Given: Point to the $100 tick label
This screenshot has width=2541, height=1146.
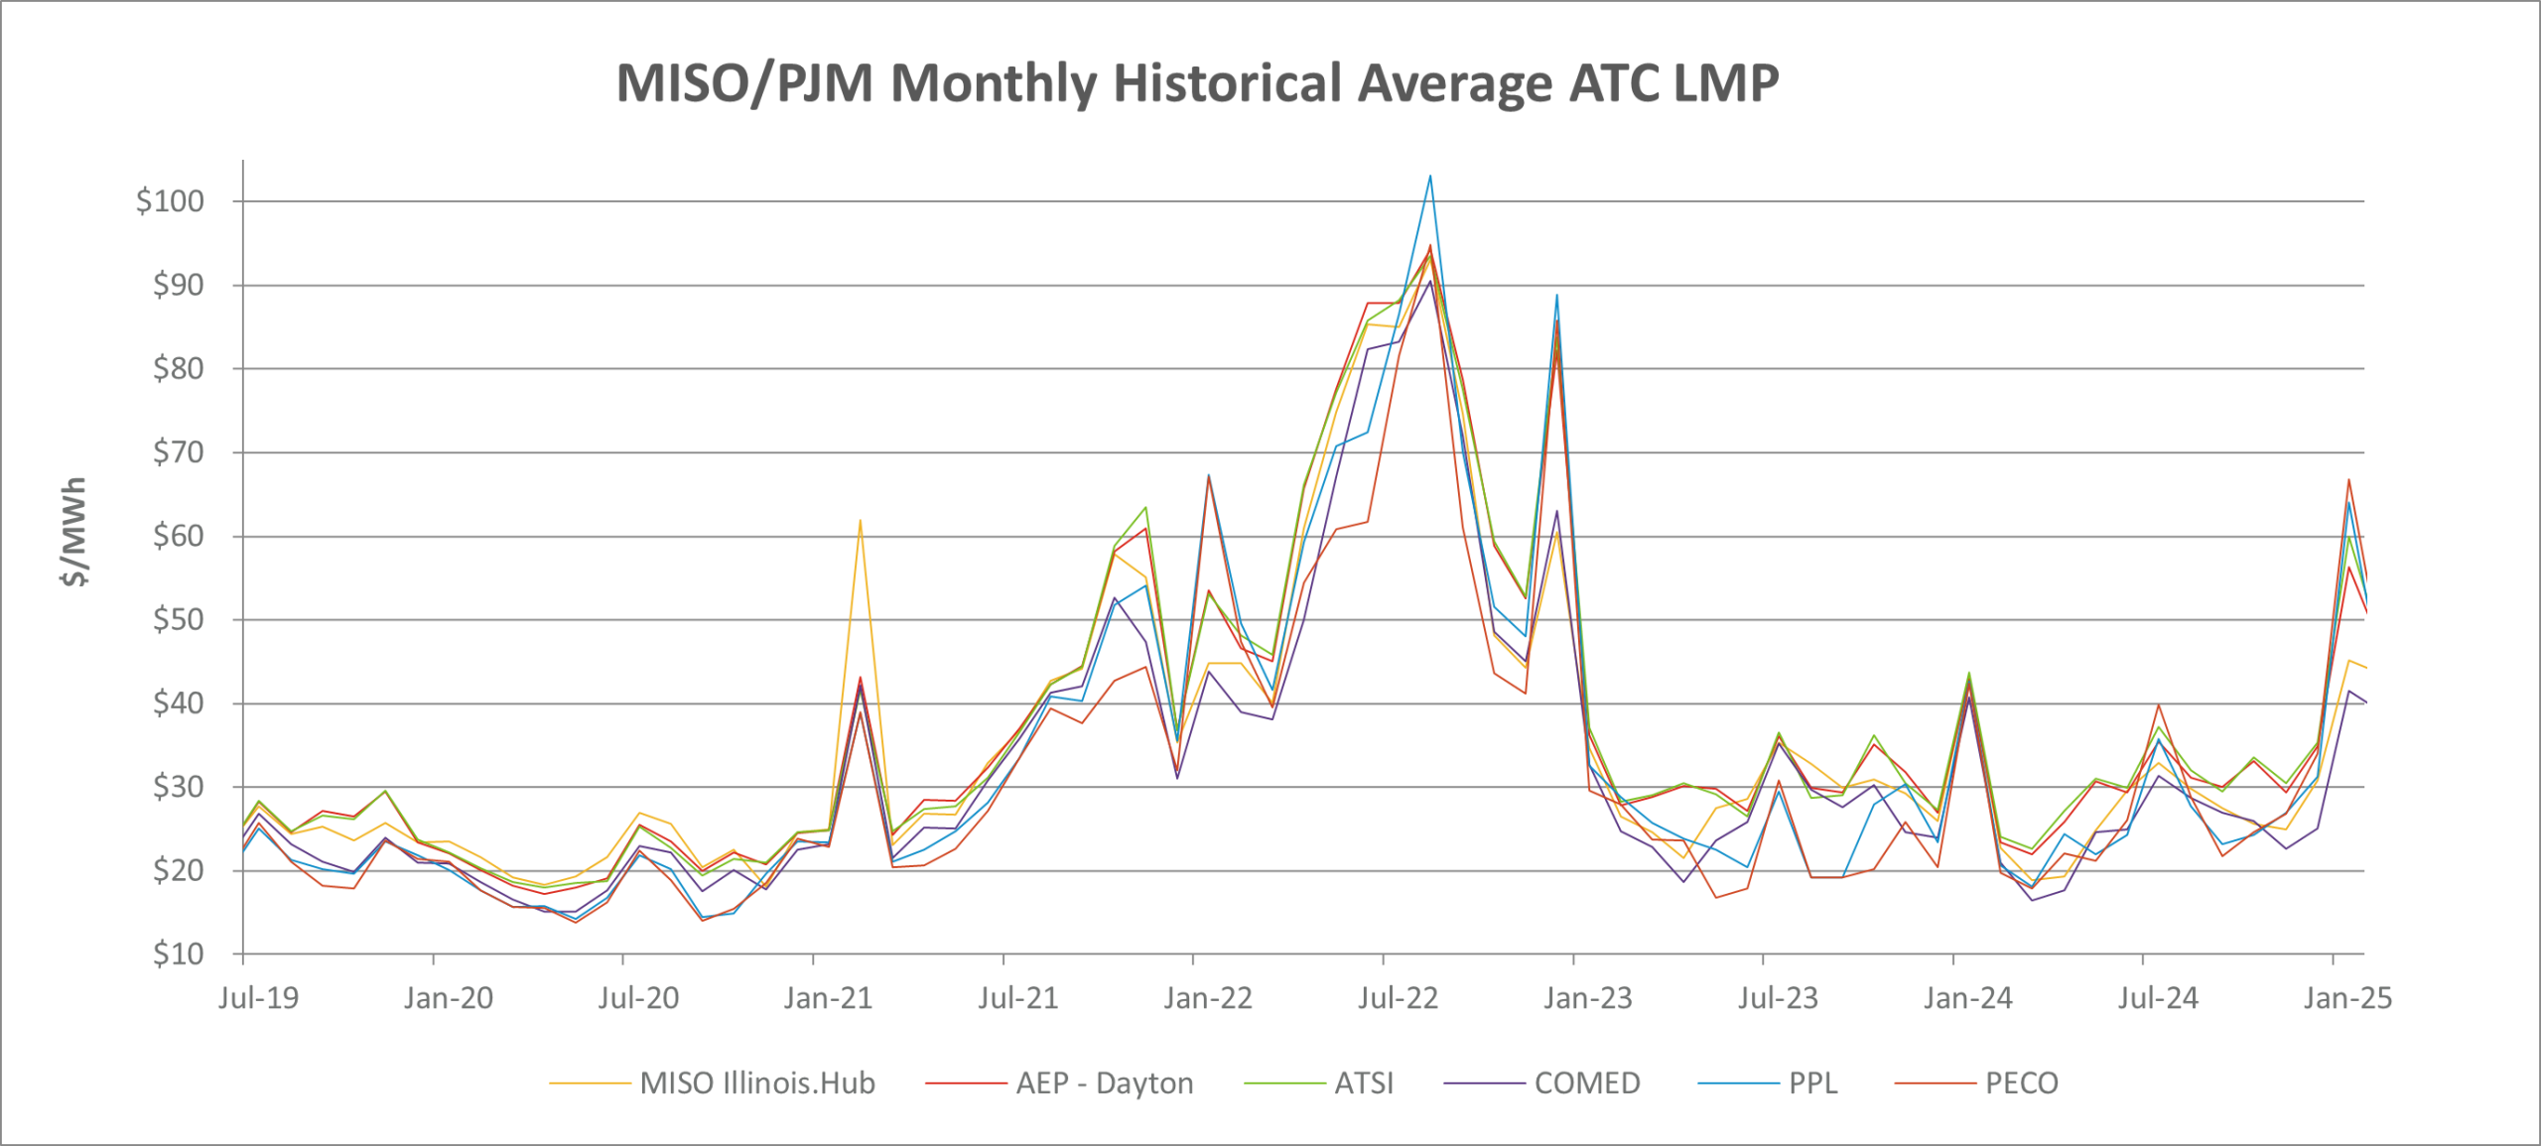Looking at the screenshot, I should [170, 201].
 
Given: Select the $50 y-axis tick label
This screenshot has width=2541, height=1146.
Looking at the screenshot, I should [178, 620].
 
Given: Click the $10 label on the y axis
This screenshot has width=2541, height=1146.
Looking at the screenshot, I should [178, 955].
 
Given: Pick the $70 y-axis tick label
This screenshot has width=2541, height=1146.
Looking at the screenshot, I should [178, 452].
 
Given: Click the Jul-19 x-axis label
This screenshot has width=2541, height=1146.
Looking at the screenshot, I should [258, 998].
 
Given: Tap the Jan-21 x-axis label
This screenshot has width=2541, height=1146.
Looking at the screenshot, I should [828, 998].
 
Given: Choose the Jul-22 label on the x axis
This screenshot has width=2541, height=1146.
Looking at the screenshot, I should [1398, 998].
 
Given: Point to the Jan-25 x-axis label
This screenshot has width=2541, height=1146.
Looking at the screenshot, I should [2347, 998].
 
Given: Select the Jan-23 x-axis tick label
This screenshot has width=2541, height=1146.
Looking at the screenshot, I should [1587, 998].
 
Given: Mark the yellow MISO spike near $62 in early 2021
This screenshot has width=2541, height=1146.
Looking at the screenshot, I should [860, 520].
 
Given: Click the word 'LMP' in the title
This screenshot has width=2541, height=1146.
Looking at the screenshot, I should [1726, 82].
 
